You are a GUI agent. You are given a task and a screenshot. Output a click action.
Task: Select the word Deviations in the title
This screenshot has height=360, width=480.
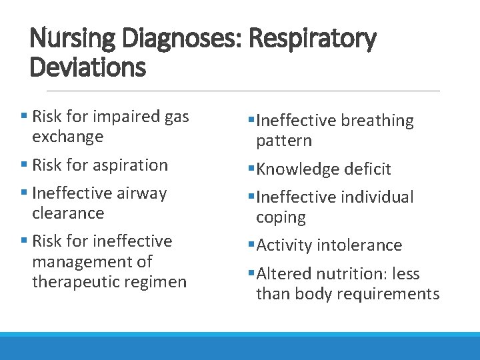[x=87, y=67]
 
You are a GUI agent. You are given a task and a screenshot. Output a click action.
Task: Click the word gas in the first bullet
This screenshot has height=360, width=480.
[x=176, y=117]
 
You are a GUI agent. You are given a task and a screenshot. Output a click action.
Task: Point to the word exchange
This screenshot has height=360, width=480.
[x=67, y=137]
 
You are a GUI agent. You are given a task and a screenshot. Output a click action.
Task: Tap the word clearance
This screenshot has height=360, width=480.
[x=68, y=213]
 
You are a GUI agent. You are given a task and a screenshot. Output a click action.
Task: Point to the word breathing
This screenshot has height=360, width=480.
[x=377, y=121]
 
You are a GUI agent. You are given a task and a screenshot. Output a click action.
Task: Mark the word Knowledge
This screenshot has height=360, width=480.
[x=297, y=169]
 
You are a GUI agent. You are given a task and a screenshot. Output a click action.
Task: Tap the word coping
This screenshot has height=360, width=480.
[x=281, y=217]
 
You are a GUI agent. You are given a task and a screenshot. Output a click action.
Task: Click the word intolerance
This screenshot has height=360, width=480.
[x=359, y=245]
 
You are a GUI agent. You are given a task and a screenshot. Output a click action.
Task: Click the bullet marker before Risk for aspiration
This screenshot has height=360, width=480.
[x=24, y=165]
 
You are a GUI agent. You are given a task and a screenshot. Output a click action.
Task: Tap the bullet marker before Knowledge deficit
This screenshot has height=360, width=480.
[x=251, y=169]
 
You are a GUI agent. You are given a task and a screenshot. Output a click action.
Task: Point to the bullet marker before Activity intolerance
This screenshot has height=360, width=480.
[x=251, y=245]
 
